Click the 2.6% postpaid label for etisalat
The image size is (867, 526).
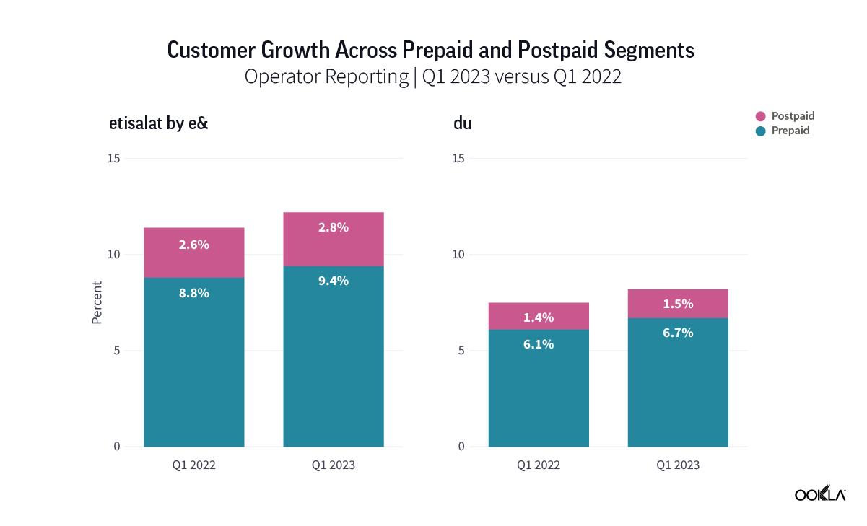193,245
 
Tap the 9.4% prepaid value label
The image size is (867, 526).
333,281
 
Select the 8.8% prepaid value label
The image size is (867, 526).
193,293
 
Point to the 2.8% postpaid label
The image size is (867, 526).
333,227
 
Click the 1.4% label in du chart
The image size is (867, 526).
539,317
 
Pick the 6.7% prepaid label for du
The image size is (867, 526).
678,333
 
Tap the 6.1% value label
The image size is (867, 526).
539,345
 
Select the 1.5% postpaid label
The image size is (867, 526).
678,304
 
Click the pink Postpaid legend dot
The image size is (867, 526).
760,116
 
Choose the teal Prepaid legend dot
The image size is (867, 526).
760,131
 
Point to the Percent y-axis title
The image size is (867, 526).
97,302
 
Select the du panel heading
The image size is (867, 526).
463,123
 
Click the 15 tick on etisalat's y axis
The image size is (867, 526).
114,159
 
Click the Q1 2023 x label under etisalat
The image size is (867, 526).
333,465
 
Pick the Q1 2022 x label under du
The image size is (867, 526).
539,465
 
